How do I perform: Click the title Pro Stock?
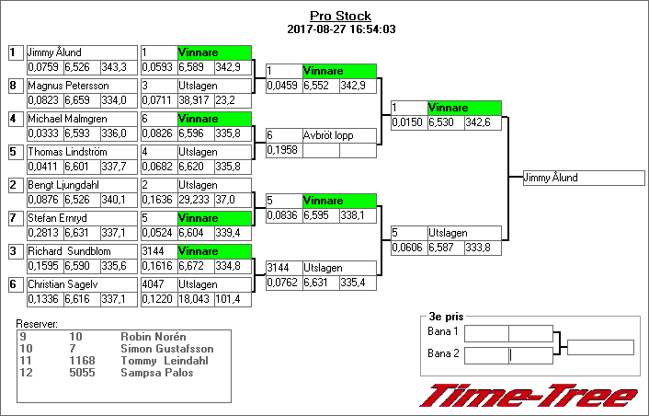point(340,16)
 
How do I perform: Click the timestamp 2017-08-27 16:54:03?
point(340,29)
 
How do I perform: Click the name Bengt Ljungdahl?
point(63,185)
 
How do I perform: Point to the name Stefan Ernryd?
point(57,218)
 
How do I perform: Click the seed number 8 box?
point(14,86)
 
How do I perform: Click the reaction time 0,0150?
point(407,121)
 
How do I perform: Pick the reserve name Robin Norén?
point(153,337)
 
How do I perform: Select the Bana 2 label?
point(443,354)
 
